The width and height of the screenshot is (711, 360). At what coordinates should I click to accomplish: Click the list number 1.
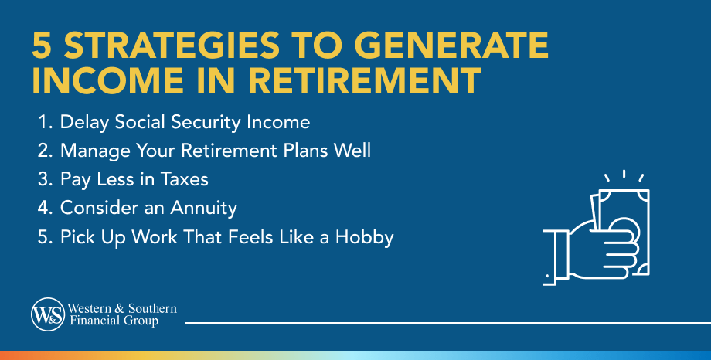point(43,122)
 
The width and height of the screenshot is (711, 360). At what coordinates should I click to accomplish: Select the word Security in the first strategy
point(213,122)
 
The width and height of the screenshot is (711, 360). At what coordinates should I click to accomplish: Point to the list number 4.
point(44,208)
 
